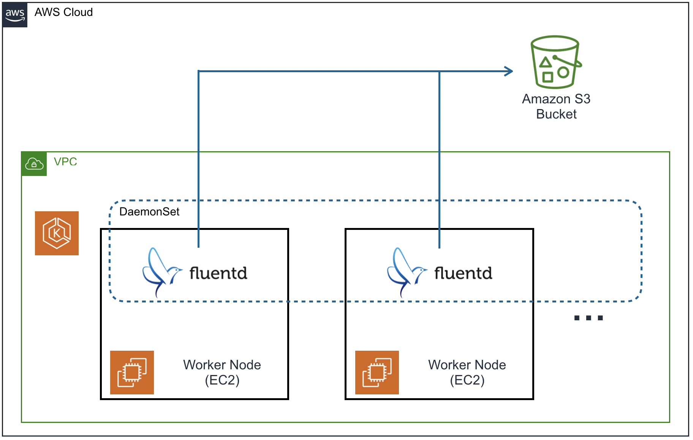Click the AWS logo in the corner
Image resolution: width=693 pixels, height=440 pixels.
(x=15, y=15)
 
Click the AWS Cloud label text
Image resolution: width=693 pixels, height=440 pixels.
(x=63, y=12)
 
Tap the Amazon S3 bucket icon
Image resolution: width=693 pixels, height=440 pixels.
(x=555, y=62)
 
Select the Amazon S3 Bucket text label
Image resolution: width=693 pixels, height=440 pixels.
(x=556, y=106)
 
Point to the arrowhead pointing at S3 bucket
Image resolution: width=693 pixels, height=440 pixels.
(x=509, y=71)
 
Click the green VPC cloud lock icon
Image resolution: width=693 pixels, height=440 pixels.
(x=34, y=164)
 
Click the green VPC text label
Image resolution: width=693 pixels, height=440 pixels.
(x=65, y=161)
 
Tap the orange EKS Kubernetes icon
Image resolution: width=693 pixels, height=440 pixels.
(x=57, y=233)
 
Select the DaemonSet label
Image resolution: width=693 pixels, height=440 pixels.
(x=149, y=212)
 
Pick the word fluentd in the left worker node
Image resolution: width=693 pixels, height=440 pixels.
(x=218, y=273)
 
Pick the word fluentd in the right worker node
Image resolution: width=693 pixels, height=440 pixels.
(x=463, y=273)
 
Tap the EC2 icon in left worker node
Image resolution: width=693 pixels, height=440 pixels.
(x=132, y=372)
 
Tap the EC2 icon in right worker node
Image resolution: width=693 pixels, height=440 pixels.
(x=377, y=372)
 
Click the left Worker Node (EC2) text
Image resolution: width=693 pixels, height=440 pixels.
(x=222, y=372)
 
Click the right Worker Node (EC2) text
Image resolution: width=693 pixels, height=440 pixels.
(x=467, y=372)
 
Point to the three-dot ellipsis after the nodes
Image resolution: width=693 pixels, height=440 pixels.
(x=588, y=318)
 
